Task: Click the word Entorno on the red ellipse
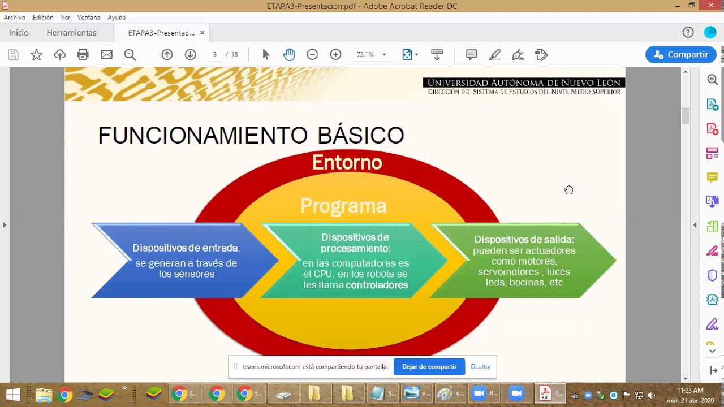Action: pos(347,163)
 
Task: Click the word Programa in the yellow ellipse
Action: pos(343,206)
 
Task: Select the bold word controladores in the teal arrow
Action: pos(377,285)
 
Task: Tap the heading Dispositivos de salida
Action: pos(524,240)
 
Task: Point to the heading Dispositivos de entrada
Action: pos(186,248)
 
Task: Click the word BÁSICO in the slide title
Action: pos(360,136)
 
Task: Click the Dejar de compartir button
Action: pos(429,367)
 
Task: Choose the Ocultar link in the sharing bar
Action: pos(481,367)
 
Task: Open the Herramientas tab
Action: pos(71,33)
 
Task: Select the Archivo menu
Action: pos(15,18)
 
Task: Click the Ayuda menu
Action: pos(117,18)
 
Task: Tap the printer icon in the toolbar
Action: pos(83,55)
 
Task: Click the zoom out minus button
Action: pos(312,55)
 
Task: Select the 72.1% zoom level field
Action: pos(365,55)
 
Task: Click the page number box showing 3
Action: pos(215,55)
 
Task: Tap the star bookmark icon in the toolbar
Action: pos(36,55)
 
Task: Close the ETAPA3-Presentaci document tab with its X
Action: pos(202,33)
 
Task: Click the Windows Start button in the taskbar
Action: pos(12,394)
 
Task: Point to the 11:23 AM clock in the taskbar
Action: pos(690,391)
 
